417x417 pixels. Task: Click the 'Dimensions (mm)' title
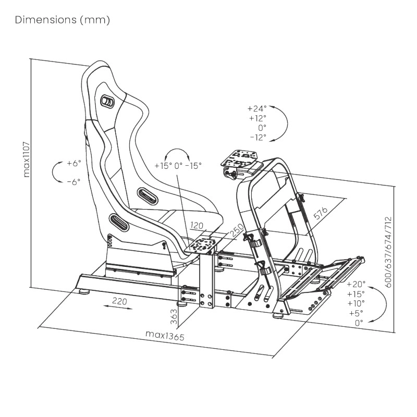coord(63,20)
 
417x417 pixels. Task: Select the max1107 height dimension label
coord(27,160)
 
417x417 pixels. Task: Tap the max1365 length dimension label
coord(165,335)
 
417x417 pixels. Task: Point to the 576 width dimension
coord(321,213)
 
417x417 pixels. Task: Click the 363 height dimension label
coord(174,316)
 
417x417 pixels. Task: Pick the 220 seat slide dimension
coord(119,301)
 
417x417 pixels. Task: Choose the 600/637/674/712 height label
coord(388,252)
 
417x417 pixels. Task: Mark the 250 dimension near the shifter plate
coord(237,230)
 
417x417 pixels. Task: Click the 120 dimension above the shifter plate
coord(197,226)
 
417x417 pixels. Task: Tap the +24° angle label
coord(257,108)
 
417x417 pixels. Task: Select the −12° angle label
coord(258,138)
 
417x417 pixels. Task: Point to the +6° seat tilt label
coord(73,163)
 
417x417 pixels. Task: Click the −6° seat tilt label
coord(73,182)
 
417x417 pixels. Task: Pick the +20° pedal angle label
coord(356,284)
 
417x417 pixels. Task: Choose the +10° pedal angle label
coord(356,303)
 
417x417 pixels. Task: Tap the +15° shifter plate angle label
coord(163,166)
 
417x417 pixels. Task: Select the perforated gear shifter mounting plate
coord(201,244)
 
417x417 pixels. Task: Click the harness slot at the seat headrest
coord(107,102)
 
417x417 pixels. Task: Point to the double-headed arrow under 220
coord(118,308)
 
